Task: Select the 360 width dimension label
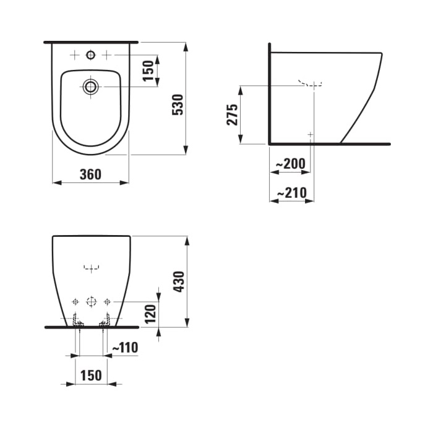[x=90, y=174]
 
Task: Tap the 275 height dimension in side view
[x=232, y=115]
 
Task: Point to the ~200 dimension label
[x=291, y=164]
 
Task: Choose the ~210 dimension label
[x=291, y=194]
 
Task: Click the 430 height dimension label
[x=179, y=281]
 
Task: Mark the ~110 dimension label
[x=125, y=348]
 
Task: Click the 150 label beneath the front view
[x=91, y=376]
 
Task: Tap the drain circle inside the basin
[x=91, y=87]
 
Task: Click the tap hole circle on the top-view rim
[x=91, y=55]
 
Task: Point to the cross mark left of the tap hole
[x=75, y=55]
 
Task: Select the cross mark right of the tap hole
[x=106, y=55]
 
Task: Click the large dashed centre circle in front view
[x=91, y=302]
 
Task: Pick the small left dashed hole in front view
[x=75, y=302]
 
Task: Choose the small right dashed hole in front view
[x=106, y=302]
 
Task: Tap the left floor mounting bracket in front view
[x=77, y=320]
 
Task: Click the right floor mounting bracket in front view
[x=105, y=320]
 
